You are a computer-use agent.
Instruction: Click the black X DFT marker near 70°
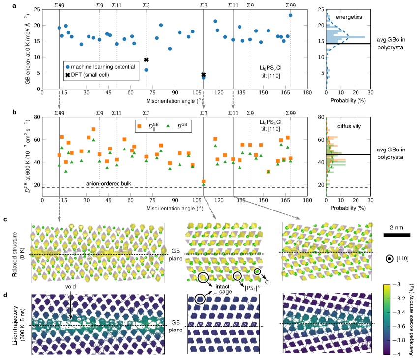(146, 60)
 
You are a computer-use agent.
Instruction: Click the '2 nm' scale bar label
(396, 227)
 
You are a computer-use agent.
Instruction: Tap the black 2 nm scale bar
(396, 235)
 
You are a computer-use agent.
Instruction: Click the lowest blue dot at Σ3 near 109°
(203, 78)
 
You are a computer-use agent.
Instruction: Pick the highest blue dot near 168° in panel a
(291, 15)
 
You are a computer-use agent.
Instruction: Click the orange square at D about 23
(203, 181)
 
